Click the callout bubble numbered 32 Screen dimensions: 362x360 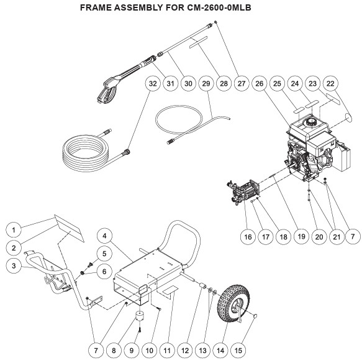pos(153,83)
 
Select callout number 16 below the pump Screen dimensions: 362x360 pos(248,236)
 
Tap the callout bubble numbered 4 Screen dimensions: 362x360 pos(104,236)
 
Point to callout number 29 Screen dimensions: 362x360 pos(206,83)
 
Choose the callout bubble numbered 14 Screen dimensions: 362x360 pos(220,351)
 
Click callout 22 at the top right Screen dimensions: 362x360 pos(330,83)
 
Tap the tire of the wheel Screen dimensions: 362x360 pos(233,303)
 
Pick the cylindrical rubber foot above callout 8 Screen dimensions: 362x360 pos(140,316)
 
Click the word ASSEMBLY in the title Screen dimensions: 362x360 pos(138,7)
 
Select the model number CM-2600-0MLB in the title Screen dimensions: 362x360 pos(219,7)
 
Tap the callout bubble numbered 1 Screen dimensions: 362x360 pos(14,230)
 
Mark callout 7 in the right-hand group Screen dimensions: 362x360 pos(353,236)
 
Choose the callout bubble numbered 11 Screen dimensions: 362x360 pos(167,351)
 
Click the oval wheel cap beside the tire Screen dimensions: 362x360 pos(255,316)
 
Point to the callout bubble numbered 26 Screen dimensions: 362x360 pos(260,83)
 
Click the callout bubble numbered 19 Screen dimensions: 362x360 pos(301,236)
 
